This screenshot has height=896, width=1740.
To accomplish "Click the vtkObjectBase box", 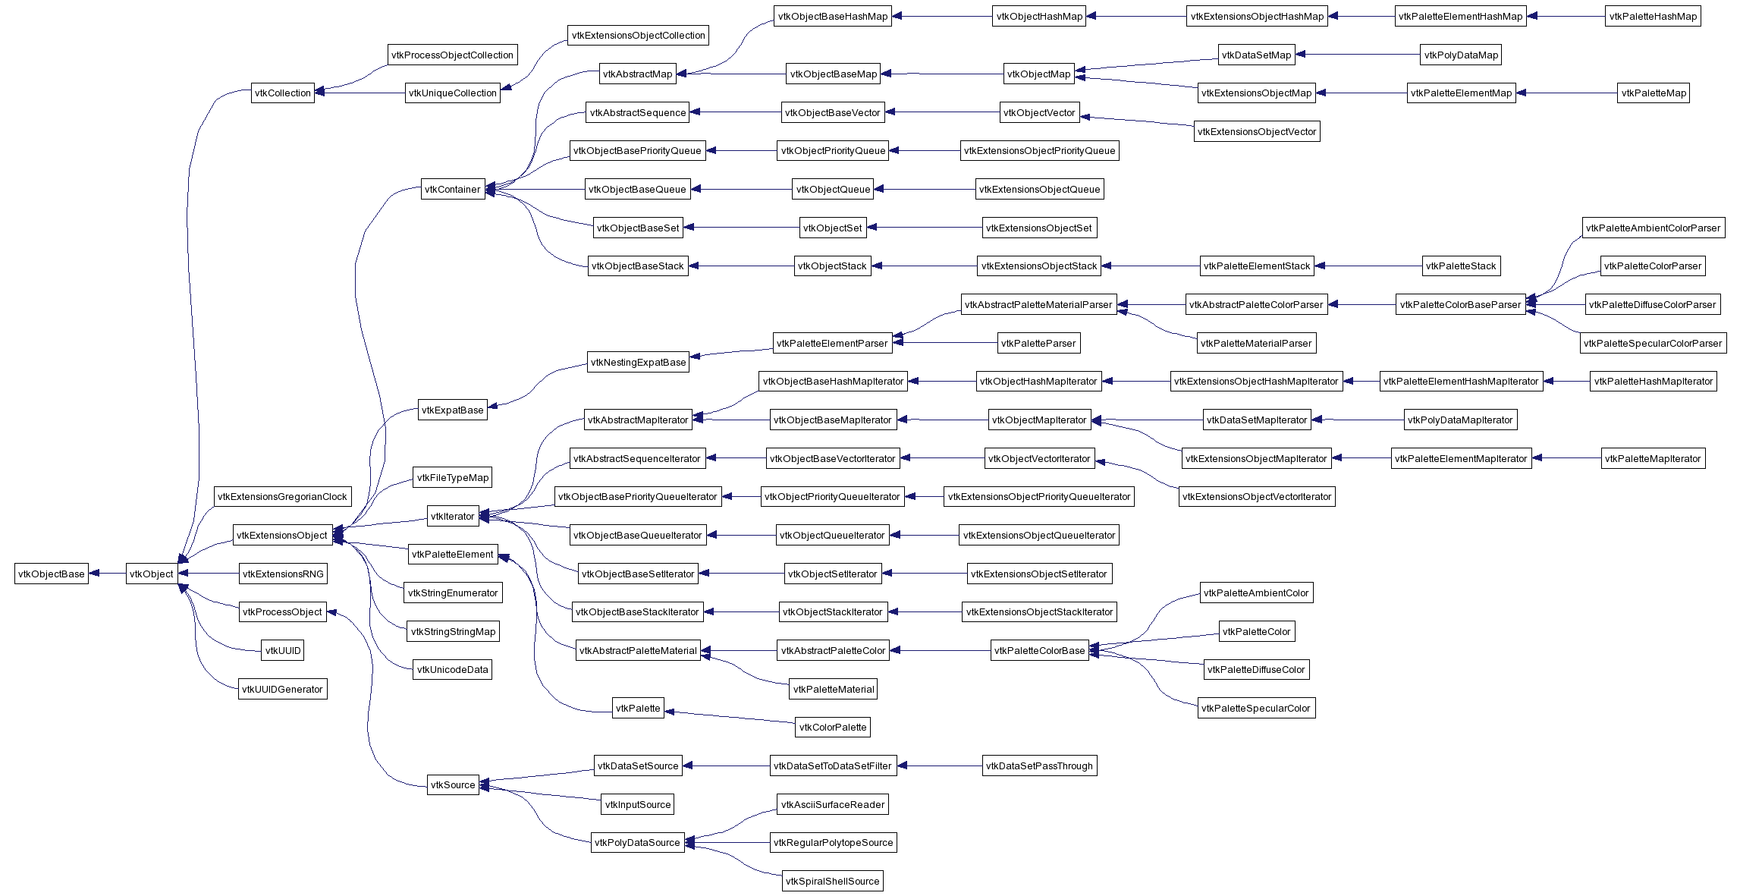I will click(x=52, y=574).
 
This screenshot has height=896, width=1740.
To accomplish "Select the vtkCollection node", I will click(x=283, y=93).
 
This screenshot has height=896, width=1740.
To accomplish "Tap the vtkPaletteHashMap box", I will click(x=1653, y=17).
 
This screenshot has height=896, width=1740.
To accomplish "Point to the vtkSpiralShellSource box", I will click(x=832, y=882).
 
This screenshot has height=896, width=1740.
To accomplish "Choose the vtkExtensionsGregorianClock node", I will click(x=282, y=497).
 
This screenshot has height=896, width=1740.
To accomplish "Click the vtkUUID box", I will click(x=283, y=651).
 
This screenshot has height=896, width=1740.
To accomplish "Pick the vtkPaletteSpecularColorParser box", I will click(x=1653, y=344).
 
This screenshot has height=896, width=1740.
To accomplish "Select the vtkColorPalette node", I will click(x=832, y=728).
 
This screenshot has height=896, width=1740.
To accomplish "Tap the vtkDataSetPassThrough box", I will click(x=1039, y=766).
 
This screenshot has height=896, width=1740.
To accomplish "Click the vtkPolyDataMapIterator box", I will click(x=1460, y=420).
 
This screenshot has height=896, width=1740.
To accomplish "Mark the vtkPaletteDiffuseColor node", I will click(x=1256, y=670).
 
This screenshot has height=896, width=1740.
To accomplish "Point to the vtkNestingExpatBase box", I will click(x=638, y=363).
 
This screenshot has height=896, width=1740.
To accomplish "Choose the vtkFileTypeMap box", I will click(x=453, y=478).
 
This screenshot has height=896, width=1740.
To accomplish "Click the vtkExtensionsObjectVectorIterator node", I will click(x=1257, y=497).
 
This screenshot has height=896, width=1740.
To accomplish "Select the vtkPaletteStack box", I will click(x=1461, y=266).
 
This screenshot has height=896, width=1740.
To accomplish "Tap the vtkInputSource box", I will click(x=638, y=805).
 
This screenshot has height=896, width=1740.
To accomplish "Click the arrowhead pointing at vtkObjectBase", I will click(x=94, y=574).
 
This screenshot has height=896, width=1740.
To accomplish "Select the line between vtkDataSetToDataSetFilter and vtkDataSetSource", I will click(x=727, y=766).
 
